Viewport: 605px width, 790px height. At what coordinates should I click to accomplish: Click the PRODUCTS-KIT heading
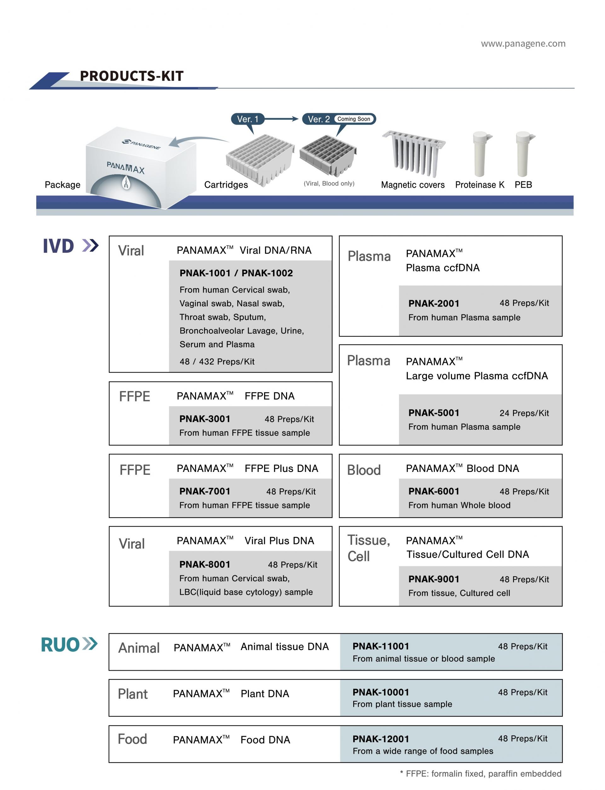131,76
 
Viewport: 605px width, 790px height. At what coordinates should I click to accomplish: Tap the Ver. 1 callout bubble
247,119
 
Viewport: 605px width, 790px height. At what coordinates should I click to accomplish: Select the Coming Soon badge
354,119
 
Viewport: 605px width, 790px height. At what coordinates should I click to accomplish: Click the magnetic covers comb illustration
414,153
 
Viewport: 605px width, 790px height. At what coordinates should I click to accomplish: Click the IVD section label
58,247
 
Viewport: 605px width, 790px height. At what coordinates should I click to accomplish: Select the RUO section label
60,645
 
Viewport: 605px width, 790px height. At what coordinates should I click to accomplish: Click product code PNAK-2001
434,303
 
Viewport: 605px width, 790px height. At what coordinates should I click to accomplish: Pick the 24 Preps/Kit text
524,413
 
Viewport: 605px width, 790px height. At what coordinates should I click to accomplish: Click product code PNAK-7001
205,491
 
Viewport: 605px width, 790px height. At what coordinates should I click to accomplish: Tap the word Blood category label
364,470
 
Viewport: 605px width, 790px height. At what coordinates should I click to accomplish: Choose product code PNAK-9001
434,579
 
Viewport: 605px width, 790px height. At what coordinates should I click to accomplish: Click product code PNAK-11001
381,646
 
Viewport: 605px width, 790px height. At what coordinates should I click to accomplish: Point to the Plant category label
133,694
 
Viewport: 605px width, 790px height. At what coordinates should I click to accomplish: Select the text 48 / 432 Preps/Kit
217,362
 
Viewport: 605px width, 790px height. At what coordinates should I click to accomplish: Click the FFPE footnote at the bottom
481,774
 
